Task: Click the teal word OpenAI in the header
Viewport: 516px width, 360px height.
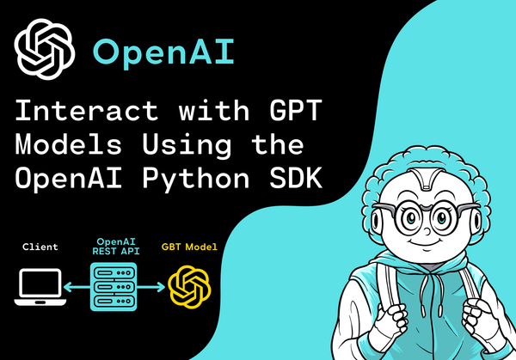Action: coord(163,52)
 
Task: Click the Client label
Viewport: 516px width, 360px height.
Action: coord(40,247)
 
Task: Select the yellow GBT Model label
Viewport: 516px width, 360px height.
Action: coord(189,247)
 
